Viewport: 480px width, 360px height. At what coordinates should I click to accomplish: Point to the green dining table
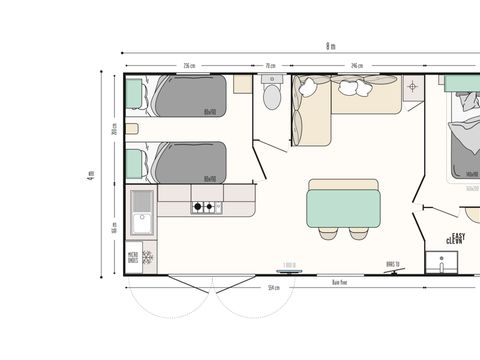pos(344,203)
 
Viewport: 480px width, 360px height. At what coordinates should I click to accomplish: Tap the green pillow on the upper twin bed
pos(134,95)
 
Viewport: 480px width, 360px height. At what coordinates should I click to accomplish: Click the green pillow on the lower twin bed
pos(134,161)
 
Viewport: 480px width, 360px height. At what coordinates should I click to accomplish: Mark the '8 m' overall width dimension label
pos(330,46)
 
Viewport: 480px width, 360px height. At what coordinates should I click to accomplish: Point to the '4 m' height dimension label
pos(92,178)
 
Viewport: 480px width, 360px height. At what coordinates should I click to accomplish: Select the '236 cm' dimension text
pos(188,67)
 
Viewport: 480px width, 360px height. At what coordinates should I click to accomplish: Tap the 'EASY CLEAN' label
pos(456,239)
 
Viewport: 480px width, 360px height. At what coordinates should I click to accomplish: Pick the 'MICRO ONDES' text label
pos(132,259)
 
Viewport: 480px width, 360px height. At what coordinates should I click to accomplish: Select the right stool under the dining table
pos(358,234)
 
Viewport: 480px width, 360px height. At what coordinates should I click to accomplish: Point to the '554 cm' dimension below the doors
pos(272,288)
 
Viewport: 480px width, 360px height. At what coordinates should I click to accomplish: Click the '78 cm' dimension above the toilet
pos(270,67)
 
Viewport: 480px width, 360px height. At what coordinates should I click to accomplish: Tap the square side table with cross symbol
pos(411,87)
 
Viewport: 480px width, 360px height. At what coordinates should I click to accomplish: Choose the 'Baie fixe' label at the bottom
pos(340,281)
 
